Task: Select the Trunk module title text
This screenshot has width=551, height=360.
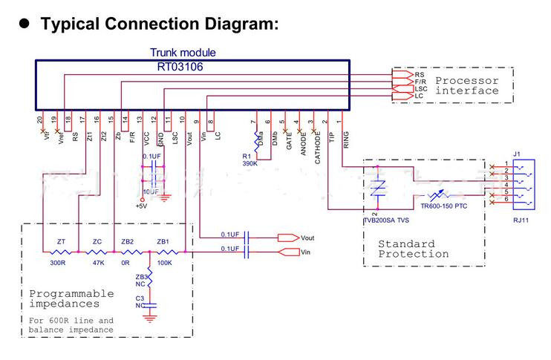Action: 183,53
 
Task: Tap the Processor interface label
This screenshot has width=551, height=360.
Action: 466,85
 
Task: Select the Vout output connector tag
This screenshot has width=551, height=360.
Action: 308,238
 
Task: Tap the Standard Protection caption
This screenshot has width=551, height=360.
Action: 414,249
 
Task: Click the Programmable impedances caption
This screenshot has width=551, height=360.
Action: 71,298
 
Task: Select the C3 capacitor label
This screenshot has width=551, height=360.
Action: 140,298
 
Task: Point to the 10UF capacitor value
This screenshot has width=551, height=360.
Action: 151,192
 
